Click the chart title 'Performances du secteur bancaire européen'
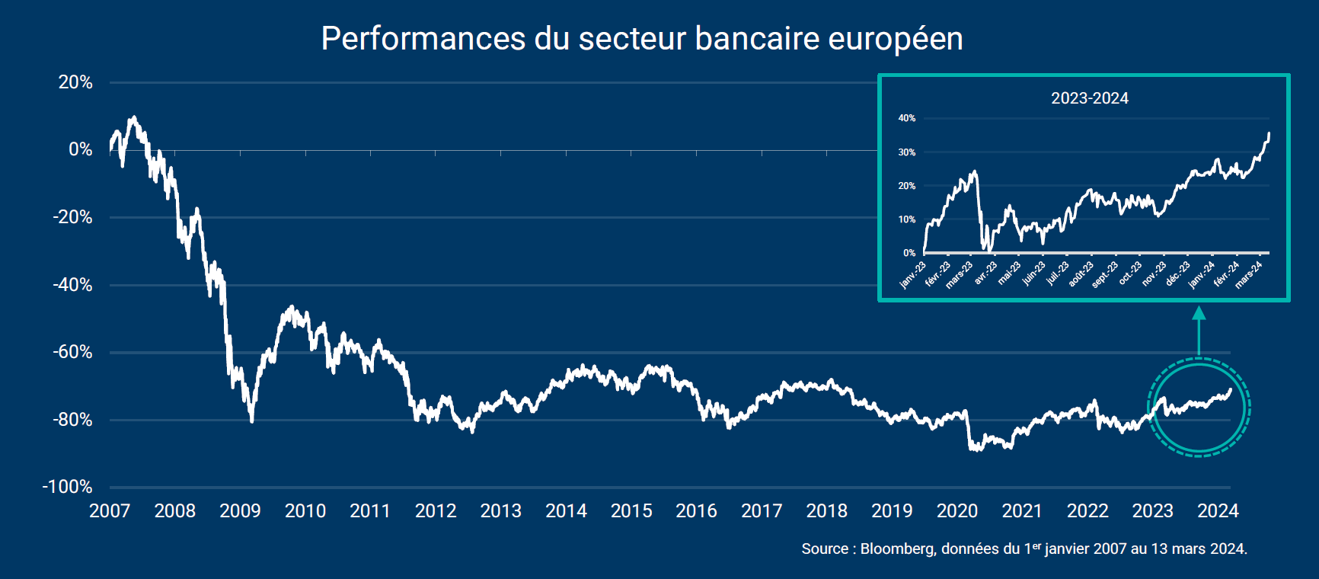(642, 39)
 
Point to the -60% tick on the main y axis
(72, 353)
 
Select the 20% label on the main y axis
(75, 82)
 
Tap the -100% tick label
(67, 487)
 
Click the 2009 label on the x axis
(240, 511)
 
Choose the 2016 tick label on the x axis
(696, 511)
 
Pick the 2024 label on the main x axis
(1218, 511)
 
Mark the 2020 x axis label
(957, 511)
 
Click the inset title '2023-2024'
(1089, 98)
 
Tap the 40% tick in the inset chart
(906, 118)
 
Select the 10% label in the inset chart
(906, 219)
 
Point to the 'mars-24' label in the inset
(1249, 274)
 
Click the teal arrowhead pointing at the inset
(1199, 313)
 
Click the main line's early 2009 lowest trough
(251, 421)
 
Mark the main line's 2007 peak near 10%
(134, 117)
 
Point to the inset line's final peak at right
(1269, 133)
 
